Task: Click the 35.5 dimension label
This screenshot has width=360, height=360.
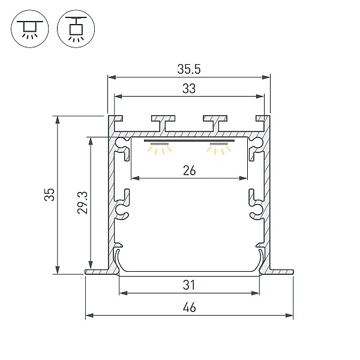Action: pos(189,69)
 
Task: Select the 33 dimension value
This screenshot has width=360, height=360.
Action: pos(189,89)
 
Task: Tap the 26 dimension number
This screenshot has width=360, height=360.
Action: pos(190,171)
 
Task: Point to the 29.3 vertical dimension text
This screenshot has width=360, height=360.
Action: pos(82,203)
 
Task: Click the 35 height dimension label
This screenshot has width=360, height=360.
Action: pos(50,194)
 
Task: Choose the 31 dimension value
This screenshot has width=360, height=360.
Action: pos(189,285)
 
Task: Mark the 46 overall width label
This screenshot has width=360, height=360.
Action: pos(190,307)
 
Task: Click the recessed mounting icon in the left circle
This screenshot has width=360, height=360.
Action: pos(30,29)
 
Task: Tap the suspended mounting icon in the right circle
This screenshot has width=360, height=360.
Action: pos(76,29)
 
